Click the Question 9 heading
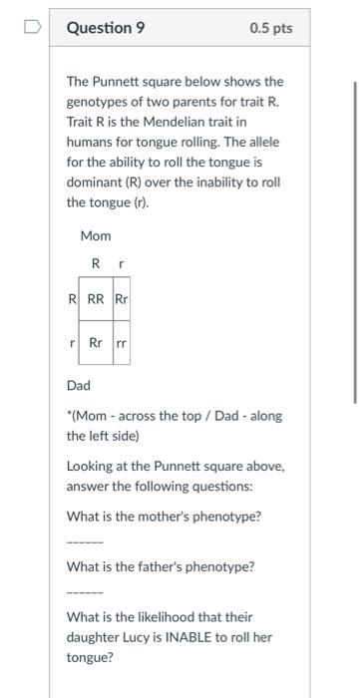click(x=106, y=28)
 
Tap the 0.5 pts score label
click(x=271, y=28)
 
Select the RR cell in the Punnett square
click(x=96, y=298)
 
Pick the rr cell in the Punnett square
click(x=121, y=342)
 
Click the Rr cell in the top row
click(x=121, y=298)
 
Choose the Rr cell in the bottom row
click(x=96, y=342)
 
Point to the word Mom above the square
click(x=96, y=236)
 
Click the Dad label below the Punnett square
click(x=79, y=384)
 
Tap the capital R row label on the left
click(x=72, y=298)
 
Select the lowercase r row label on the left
click(x=73, y=342)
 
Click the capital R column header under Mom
click(x=96, y=263)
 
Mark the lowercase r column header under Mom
click(x=120, y=263)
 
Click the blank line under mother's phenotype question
click(x=84, y=542)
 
